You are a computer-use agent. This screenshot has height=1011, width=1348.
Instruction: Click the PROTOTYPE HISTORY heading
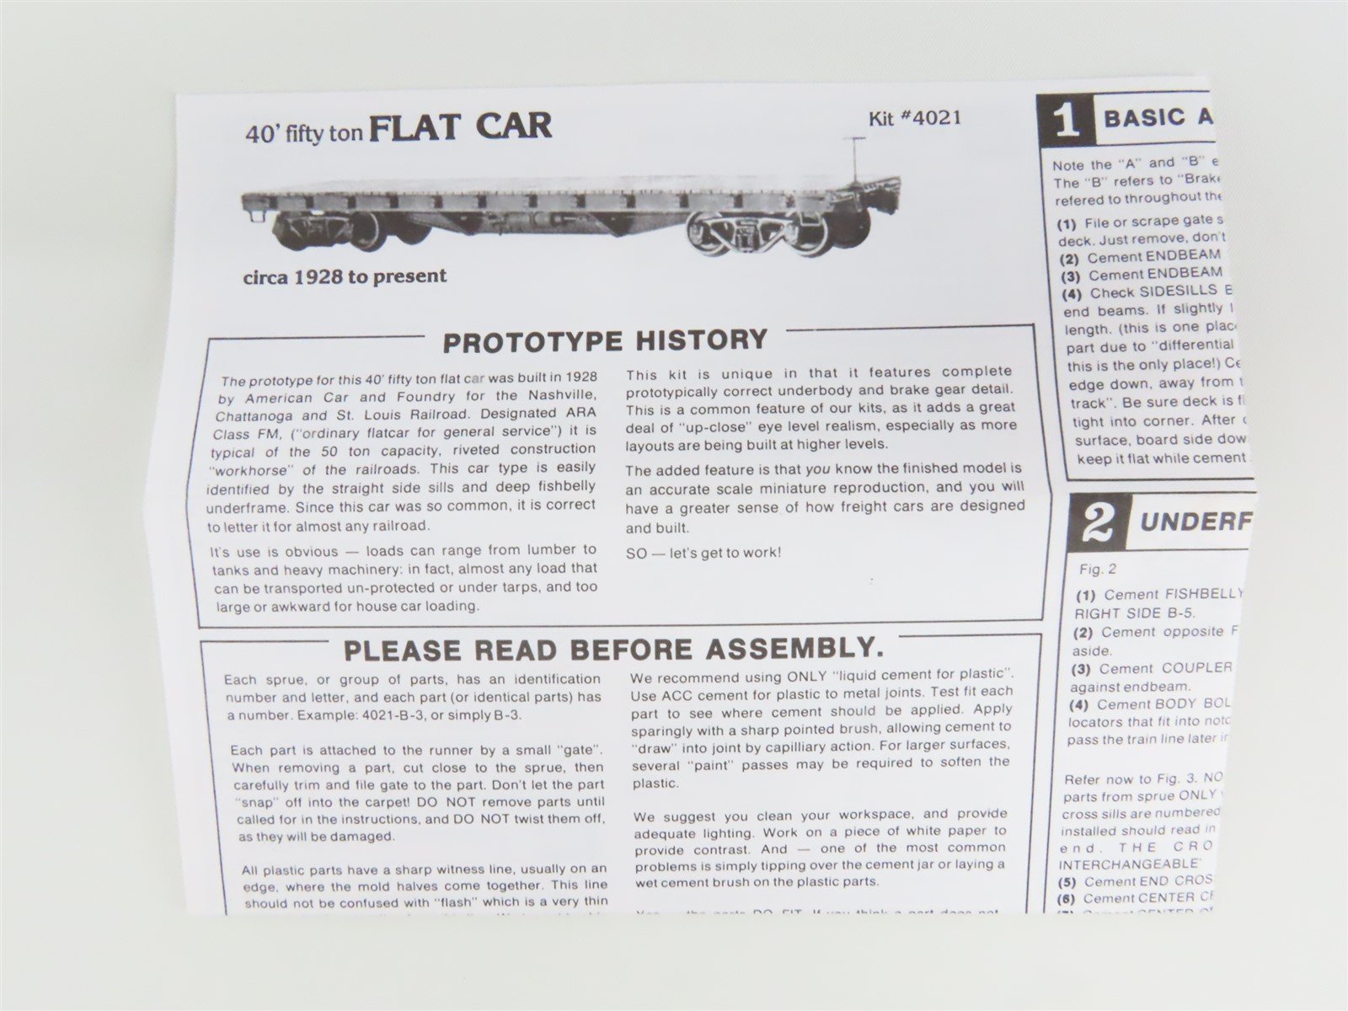[x=605, y=340]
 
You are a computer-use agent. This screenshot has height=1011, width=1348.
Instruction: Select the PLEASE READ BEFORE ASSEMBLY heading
[x=614, y=650]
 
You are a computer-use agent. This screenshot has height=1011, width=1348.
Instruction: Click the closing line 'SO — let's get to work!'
[x=703, y=554]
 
